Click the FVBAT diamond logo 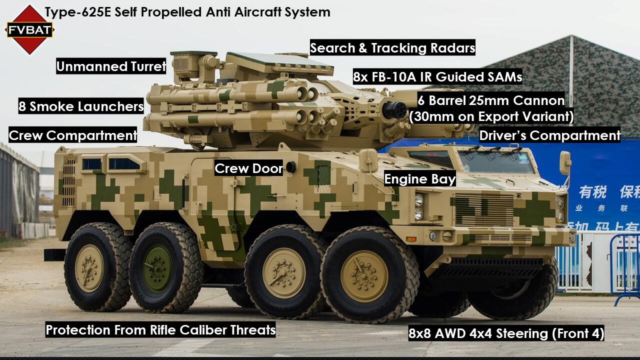29,29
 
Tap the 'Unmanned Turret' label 110,66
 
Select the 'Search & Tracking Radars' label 392,48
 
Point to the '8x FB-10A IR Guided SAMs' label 437,77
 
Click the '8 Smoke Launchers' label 81,106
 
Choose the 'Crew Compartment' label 73,135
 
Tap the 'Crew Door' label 248,168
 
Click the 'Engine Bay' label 420,179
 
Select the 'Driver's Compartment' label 550,135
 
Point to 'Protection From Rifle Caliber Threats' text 160,330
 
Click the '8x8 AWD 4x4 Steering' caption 506,333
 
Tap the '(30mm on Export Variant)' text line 491,116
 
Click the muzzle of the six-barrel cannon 393,109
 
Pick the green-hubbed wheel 157,268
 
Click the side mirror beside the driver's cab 565,163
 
